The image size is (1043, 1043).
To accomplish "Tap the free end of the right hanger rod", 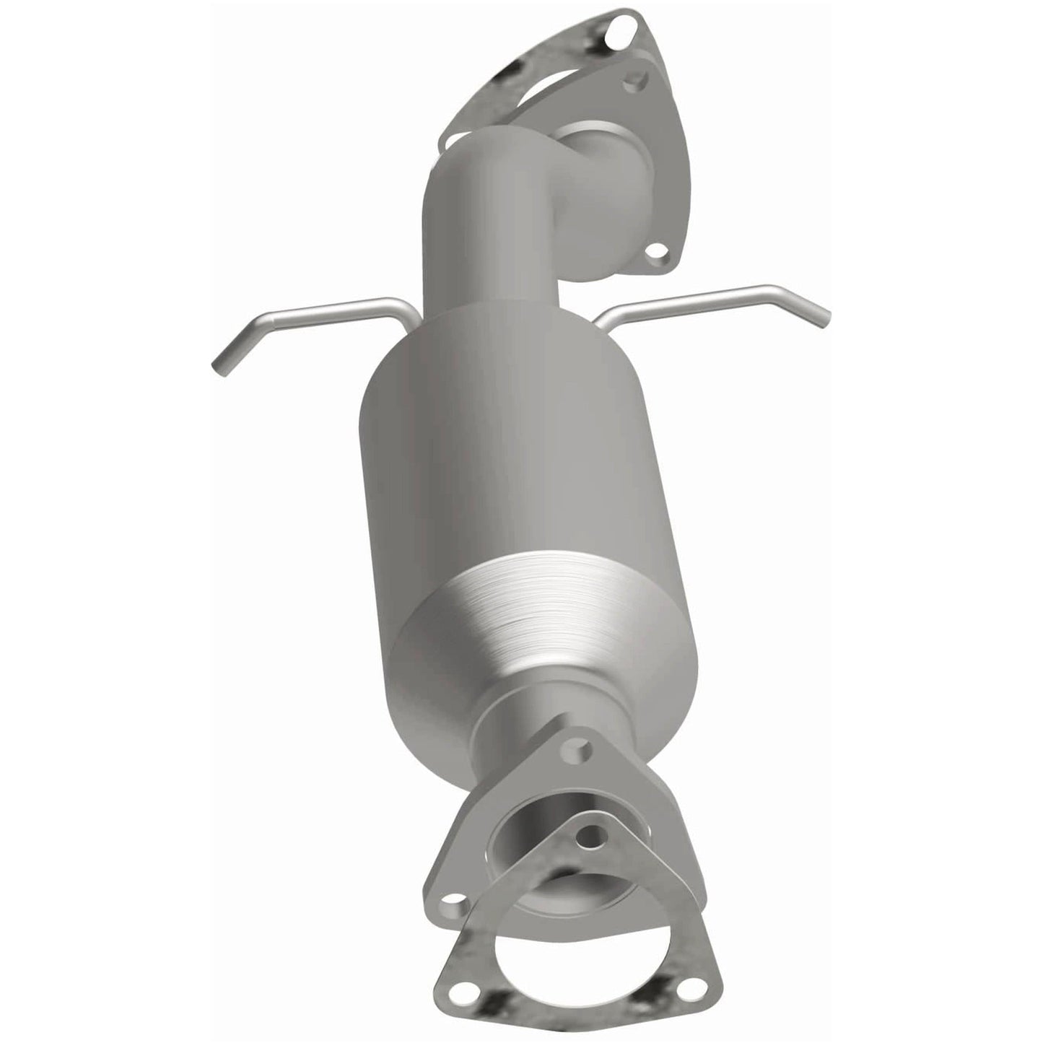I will point(825,315).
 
